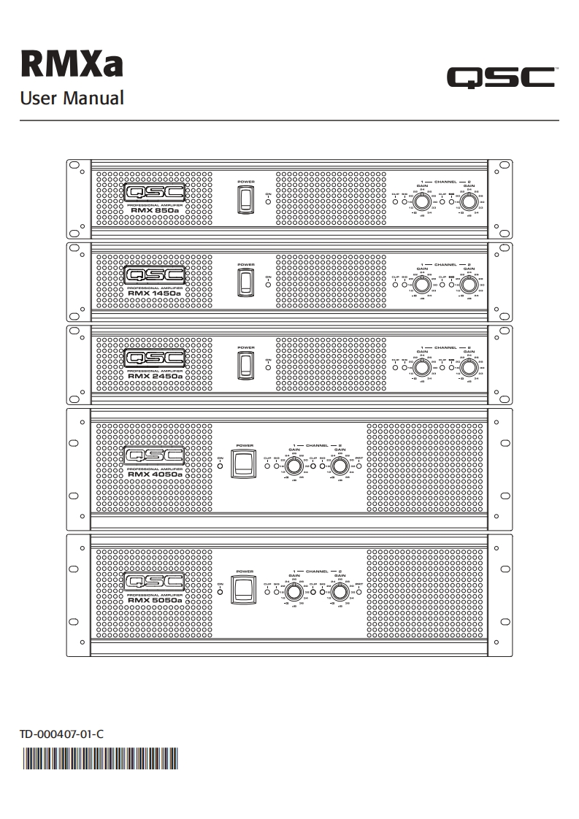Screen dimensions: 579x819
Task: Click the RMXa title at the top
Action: point(71,64)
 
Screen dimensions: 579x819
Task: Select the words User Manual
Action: point(72,98)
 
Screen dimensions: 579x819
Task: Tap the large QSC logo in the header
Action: point(501,77)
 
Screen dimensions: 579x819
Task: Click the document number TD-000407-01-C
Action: point(61,734)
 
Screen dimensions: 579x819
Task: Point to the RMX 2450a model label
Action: point(154,376)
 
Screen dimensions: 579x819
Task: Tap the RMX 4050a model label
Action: point(154,474)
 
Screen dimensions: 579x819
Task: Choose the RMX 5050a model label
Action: point(154,600)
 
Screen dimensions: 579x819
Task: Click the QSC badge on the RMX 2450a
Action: point(154,358)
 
